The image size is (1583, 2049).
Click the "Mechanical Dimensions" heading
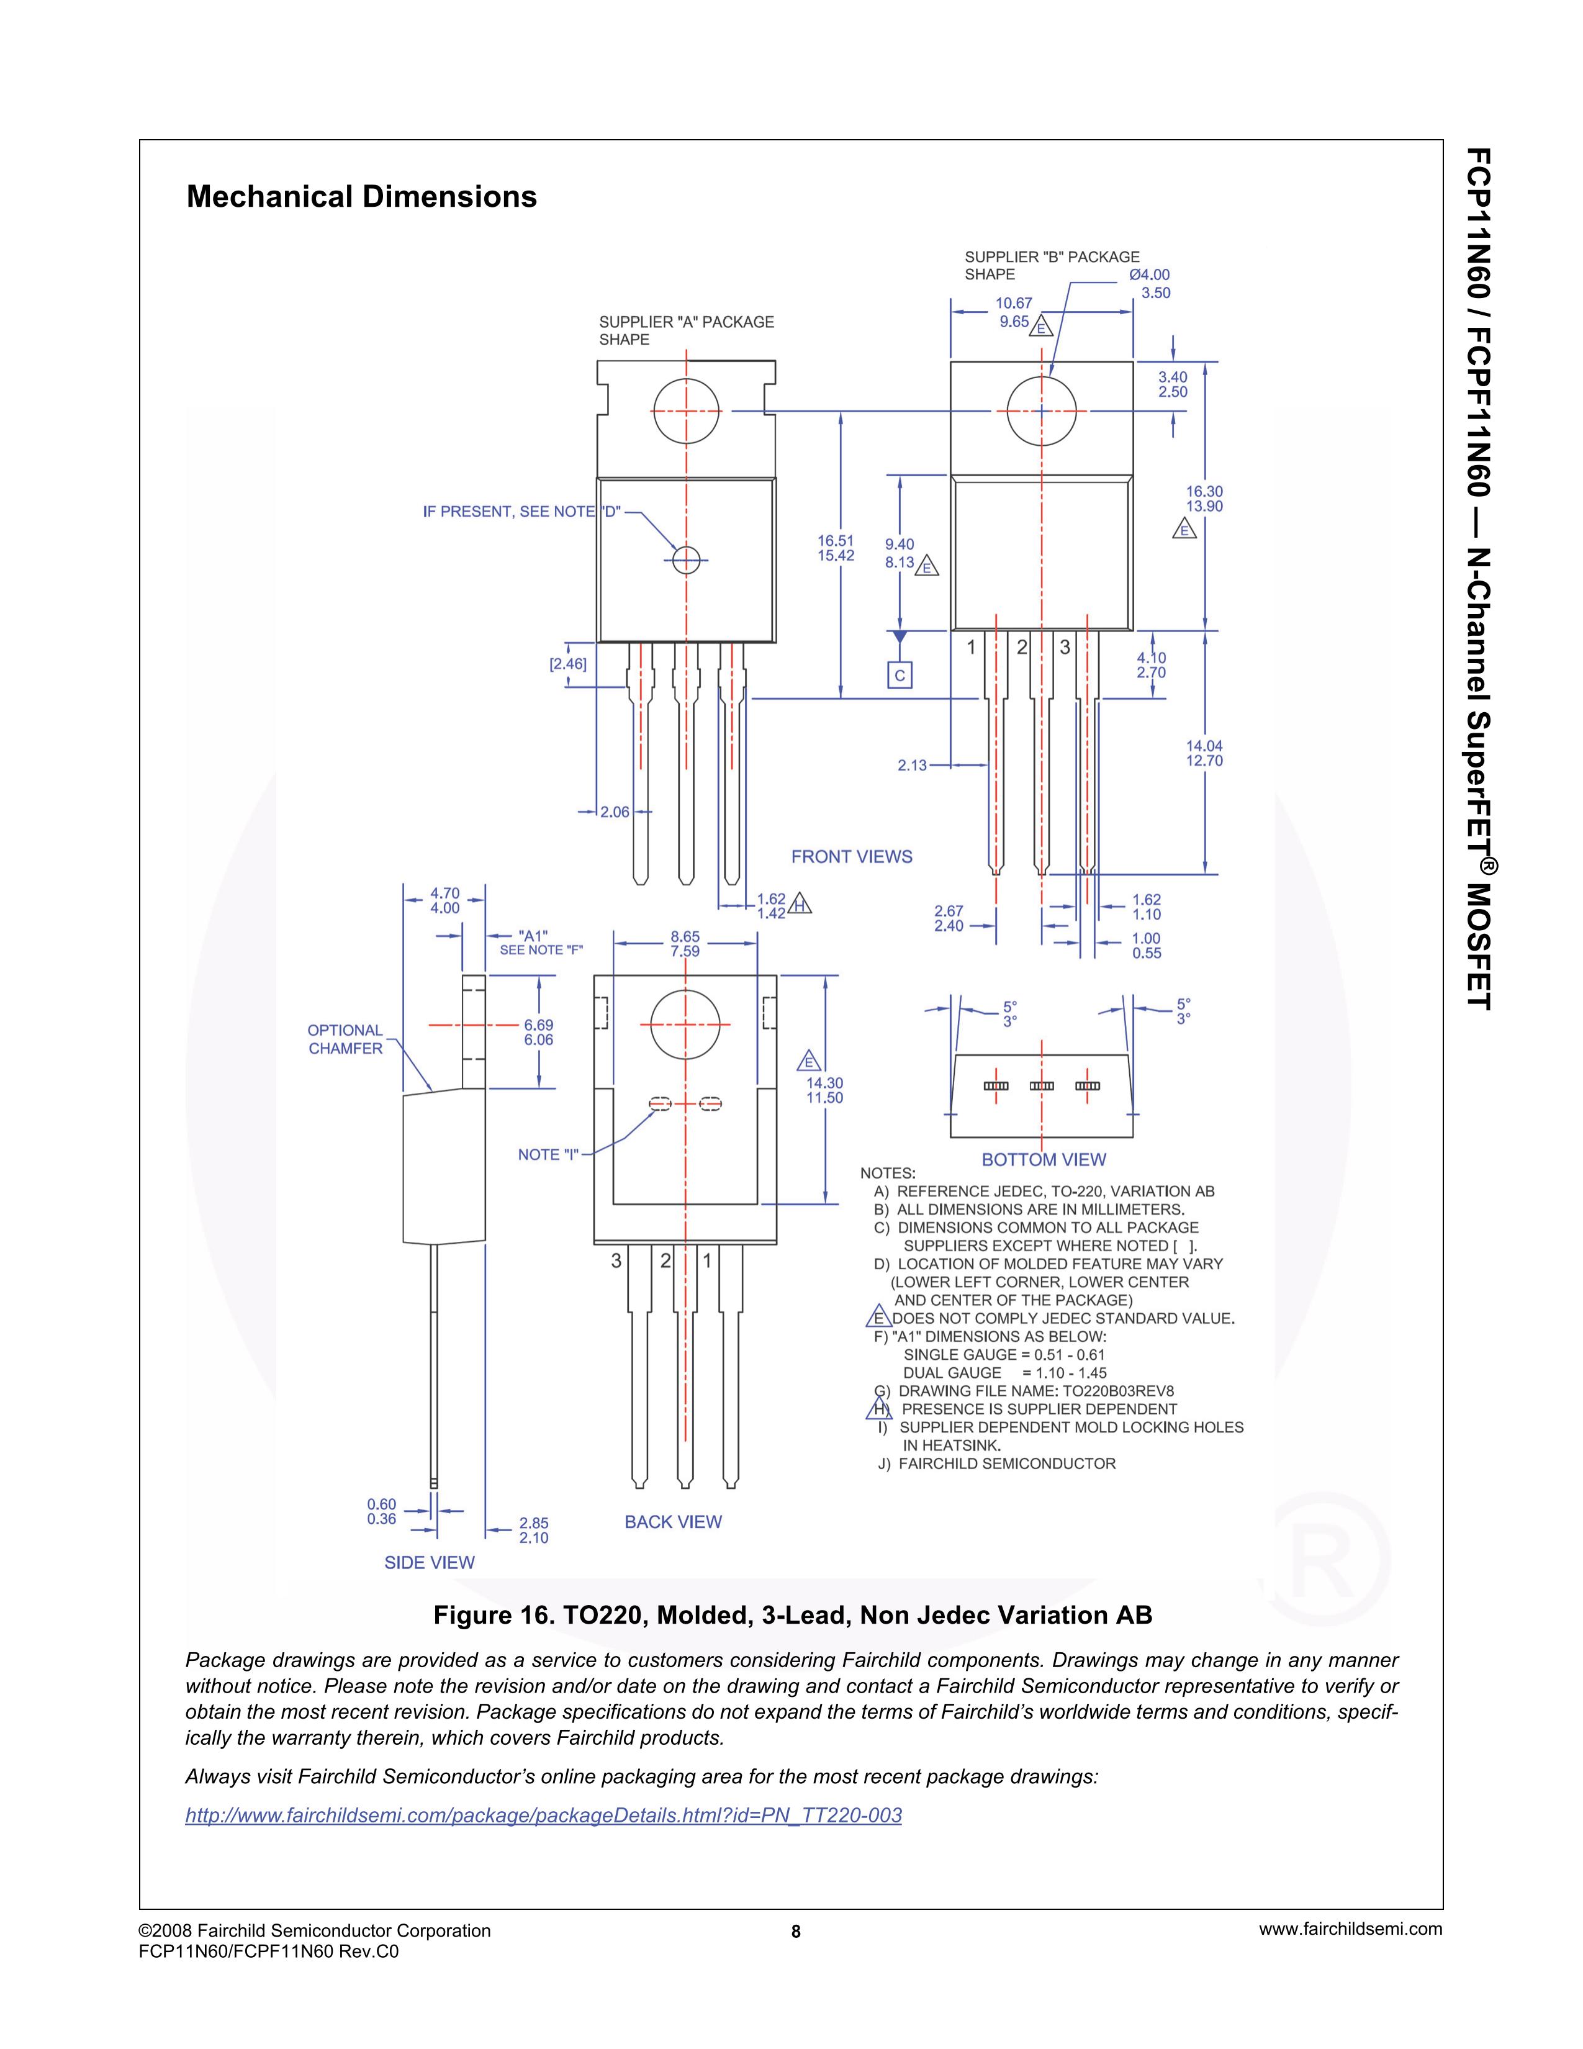(x=361, y=197)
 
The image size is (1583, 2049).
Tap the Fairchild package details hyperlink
(x=544, y=1816)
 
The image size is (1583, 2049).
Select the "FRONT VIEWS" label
(x=852, y=857)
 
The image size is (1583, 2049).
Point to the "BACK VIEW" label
(x=674, y=1522)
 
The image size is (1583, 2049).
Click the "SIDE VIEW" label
(x=430, y=1562)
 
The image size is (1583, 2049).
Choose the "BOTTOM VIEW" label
(x=1044, y=1160)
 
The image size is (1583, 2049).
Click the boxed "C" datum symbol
(x=900, y=676)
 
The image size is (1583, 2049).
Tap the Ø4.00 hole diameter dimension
(x=1149, y=275)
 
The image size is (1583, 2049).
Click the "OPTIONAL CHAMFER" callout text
(x=345, y=1039)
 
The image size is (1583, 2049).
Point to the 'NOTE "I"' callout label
(x=549, y=1155)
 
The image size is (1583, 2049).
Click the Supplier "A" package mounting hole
(x=687, y=411)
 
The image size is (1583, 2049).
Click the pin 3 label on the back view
(x=616, y=1261)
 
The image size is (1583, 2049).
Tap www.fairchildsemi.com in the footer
(x=1350, y=1930)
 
